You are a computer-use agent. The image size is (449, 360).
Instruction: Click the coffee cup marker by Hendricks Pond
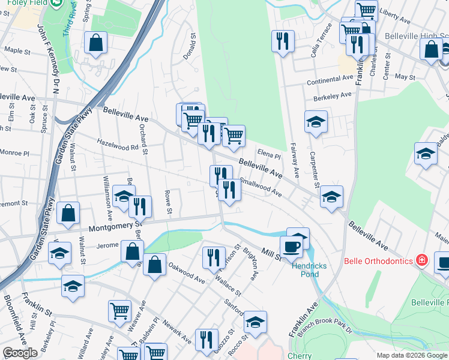click(291, 247)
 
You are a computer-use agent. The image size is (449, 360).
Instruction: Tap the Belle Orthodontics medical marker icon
click(422, 260)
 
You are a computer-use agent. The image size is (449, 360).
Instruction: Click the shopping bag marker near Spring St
click(95, 43)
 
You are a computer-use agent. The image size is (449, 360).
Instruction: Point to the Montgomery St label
click(114, 227)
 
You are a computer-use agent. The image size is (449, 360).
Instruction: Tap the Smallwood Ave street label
click(261, 186)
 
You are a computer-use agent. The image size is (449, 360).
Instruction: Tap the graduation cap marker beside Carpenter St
click(316, 122)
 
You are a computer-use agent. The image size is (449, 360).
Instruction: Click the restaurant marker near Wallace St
click(214, 257)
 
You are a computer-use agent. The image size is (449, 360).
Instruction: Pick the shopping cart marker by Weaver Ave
click(119, 311)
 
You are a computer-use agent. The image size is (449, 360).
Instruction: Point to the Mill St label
click(270, 254)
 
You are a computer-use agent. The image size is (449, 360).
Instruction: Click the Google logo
click(20, 353)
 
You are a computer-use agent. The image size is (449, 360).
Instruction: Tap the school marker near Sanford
click(255, 322)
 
